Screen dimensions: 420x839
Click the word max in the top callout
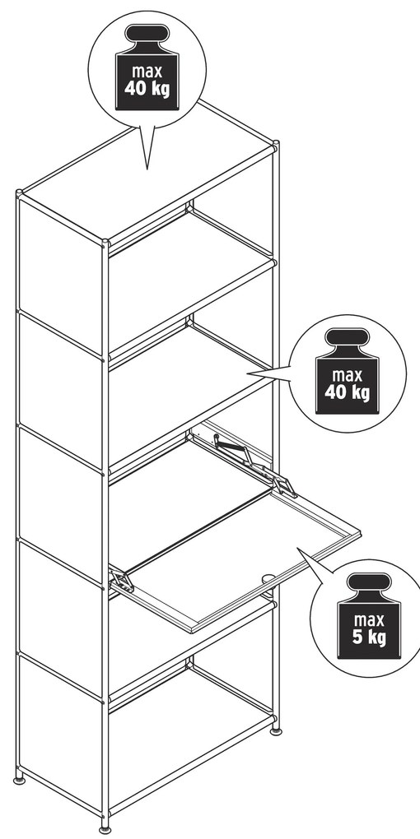tap(147, 72)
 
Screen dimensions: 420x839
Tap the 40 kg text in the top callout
tap(147, 88)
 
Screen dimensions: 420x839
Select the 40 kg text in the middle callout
tap(348, 392)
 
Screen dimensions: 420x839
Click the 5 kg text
tap(369, 637)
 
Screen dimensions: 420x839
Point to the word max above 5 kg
tap(369, 621)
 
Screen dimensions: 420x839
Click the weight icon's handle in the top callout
tap(147, 33)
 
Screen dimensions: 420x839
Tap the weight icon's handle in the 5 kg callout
tap(369, 582)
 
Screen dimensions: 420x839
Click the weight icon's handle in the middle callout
tap(348, 337)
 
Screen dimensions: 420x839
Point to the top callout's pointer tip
tap(147, 169)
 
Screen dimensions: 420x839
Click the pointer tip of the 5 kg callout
tap(297, 548)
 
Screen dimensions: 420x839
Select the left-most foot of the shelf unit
tap(19, 777)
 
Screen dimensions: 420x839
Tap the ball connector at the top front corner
tap(105, 243)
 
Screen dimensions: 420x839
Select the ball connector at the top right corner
tap(276, 143)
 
